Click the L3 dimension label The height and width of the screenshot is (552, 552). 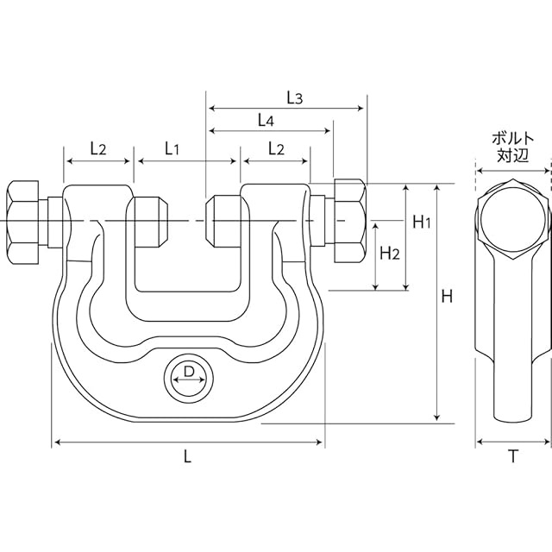[x=295, y=98]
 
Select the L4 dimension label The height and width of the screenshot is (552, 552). [x=266, y=121]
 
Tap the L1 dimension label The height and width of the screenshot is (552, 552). [x=172, y=149]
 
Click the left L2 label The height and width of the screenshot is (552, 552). [x=97, y=149]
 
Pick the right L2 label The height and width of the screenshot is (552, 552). [x=276, y=149]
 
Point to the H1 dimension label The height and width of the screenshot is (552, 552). [x=422, y=223]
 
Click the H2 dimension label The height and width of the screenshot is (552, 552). [x=390, y=253]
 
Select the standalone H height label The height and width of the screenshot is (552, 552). [x=447, y=297]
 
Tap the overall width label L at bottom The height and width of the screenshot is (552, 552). [x=188, y=457]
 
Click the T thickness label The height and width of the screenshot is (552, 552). [x=513, y=456]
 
